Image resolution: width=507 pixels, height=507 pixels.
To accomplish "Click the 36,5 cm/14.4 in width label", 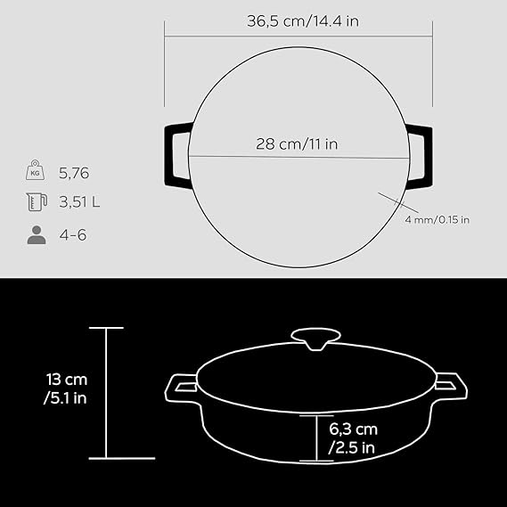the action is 303,21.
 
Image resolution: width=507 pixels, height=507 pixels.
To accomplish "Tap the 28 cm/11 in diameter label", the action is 297,143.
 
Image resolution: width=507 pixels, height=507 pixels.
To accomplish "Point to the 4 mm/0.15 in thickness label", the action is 437,220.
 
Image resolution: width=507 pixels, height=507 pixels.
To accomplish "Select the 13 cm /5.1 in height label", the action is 66,388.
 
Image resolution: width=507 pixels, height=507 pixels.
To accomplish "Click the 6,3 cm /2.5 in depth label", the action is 353,438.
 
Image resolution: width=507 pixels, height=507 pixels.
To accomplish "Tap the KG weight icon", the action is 36,170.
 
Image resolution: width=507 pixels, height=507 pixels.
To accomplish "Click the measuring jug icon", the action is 37,201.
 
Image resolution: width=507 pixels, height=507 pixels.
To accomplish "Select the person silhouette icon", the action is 37,234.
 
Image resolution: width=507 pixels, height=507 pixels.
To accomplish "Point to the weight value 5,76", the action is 74,173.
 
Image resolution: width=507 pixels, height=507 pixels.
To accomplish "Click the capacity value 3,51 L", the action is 79,202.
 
